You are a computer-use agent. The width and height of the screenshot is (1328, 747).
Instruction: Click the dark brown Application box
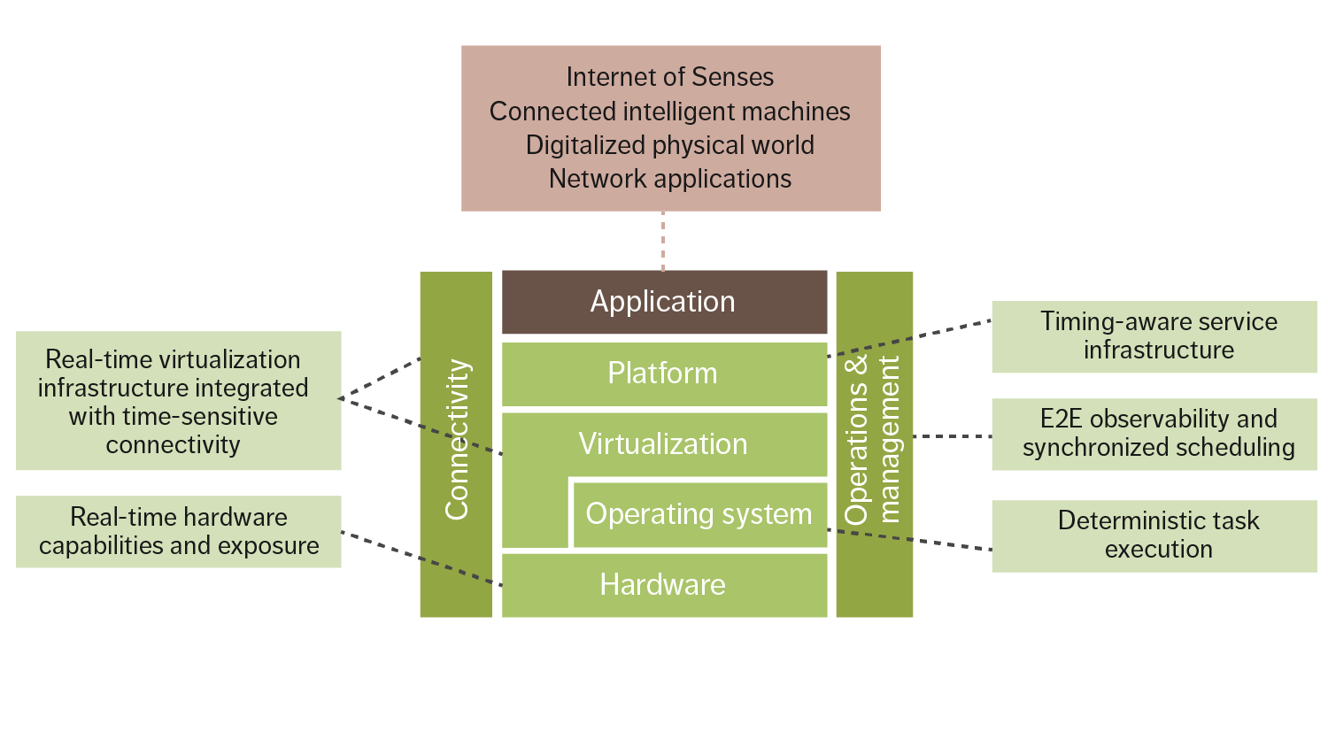coord(664,302)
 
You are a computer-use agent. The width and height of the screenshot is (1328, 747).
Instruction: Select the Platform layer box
coord(664,373)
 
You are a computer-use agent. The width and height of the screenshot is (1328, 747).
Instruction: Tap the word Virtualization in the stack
coord(663,443)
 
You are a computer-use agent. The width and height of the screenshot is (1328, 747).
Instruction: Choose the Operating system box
coord(699,514)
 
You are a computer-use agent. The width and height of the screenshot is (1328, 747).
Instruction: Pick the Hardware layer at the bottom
coord(664,585)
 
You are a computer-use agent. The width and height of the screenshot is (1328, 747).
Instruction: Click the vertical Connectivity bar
coord(456,443)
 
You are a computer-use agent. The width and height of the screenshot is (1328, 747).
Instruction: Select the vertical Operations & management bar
coord(874,443)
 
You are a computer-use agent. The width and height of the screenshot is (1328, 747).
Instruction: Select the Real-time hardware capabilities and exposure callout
coord(179,531)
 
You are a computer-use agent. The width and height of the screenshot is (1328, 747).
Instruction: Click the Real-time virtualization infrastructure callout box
coord(179,401)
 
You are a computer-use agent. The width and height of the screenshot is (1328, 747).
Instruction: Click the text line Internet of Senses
coord(670,78)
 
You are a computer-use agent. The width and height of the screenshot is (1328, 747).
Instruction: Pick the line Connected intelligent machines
coord(670,112)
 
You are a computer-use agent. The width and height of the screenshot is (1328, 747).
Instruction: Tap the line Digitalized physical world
coord(670,145)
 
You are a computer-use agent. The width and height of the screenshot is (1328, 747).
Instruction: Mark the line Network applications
coord(670,179)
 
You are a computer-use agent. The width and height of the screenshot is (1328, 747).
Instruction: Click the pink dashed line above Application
coord(662,241)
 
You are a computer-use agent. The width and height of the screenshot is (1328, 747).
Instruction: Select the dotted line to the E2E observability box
coord(952,436)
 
